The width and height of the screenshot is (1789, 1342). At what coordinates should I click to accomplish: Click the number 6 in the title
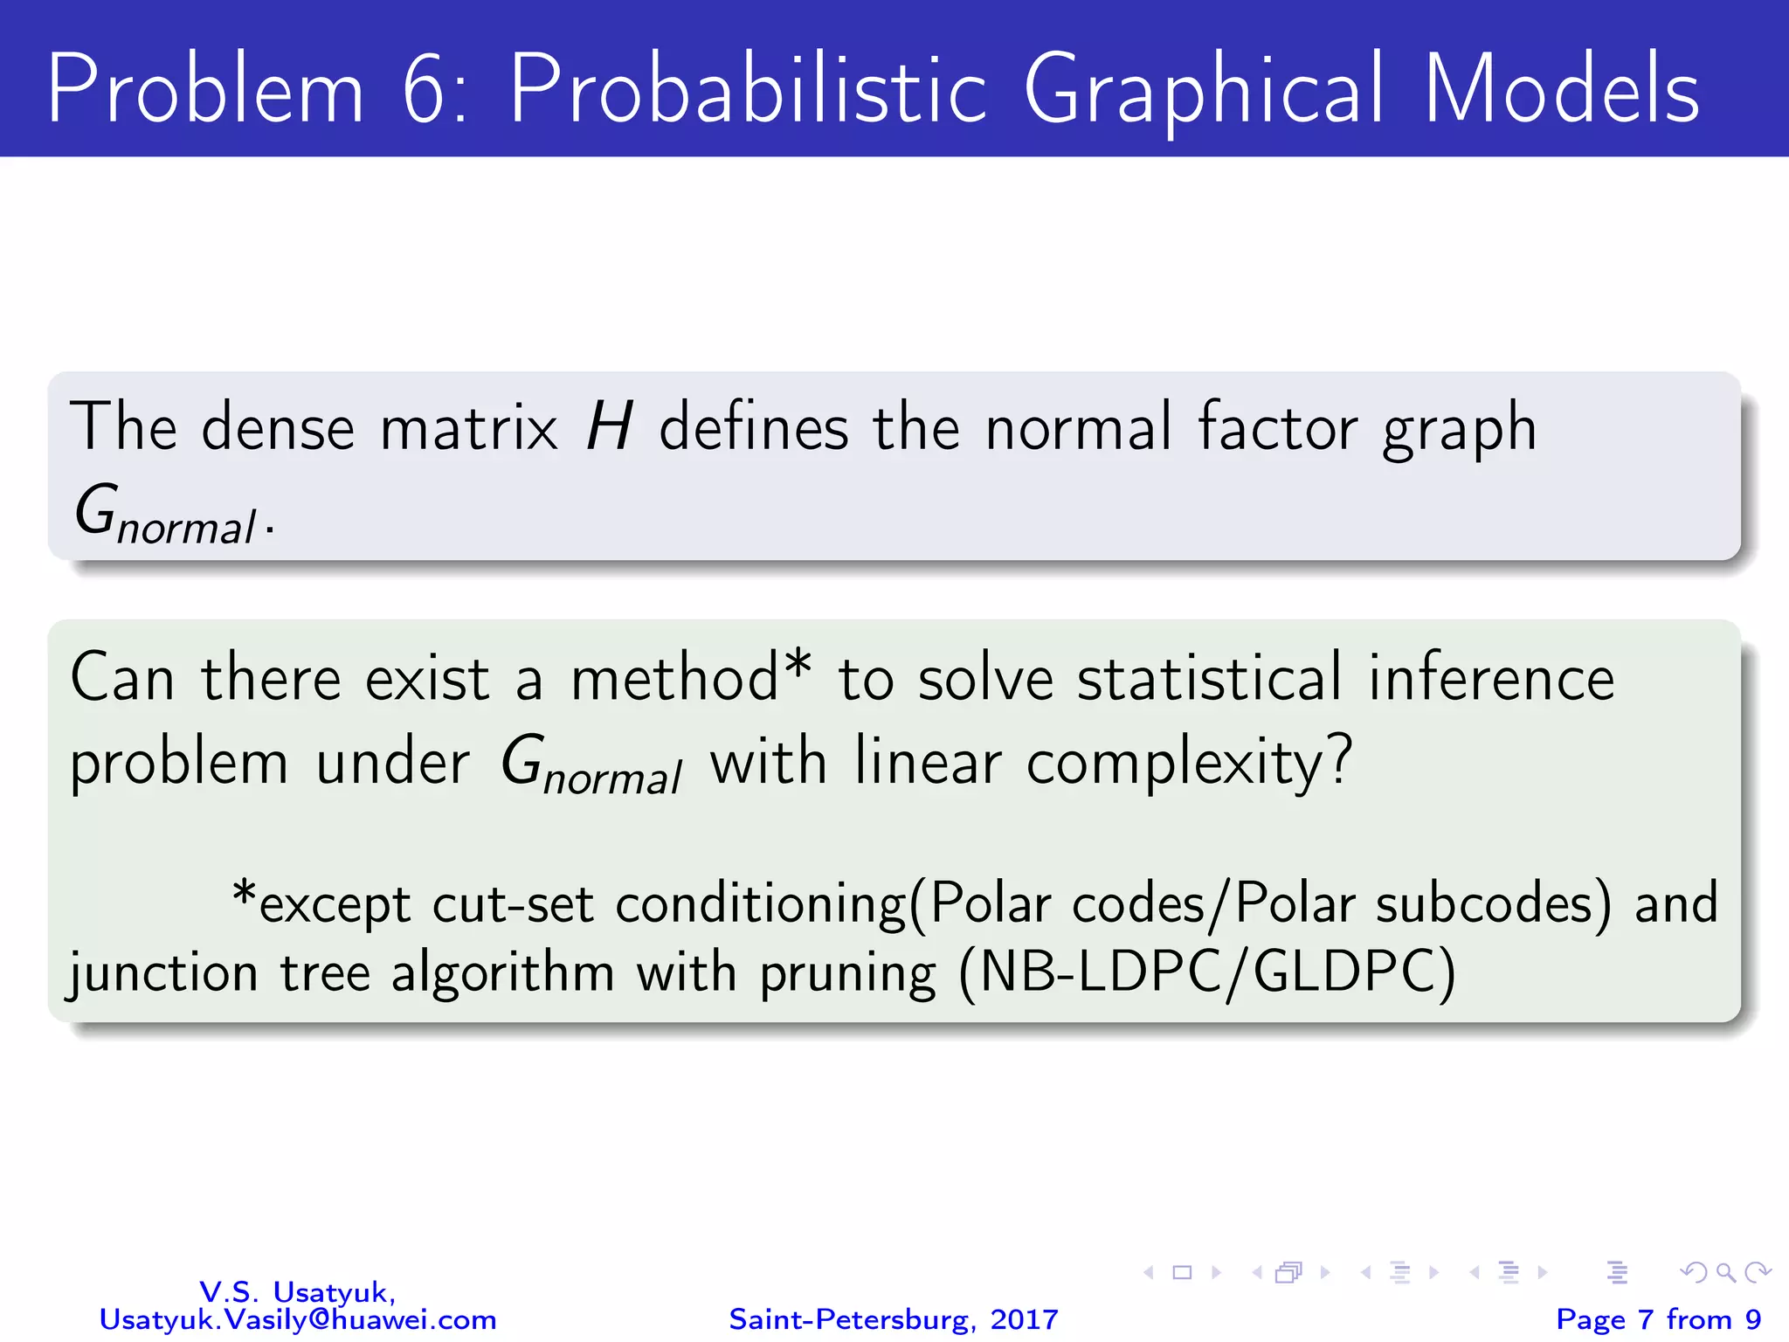tap(426, 89)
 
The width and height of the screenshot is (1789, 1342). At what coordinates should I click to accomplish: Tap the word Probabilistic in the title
tap(747, 89)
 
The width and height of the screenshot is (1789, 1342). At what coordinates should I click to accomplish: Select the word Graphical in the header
tap(1203, 89)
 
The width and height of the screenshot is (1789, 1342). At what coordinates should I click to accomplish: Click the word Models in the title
tap(1562, 89)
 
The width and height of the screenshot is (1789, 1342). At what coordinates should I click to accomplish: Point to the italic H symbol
tap(609, 427)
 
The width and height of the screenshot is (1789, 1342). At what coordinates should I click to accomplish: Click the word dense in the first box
tap(278, 427)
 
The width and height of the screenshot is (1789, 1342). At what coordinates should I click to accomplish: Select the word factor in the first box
tap(1277, 427)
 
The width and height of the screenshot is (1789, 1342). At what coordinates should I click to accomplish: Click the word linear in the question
tap(927, 761)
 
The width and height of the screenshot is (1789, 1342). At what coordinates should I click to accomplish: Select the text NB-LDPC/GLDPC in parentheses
tap(1207, 972)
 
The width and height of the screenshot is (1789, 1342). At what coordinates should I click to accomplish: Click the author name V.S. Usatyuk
tap(298, 1291)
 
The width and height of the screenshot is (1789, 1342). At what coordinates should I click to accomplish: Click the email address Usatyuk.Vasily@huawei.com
tap(298, 1319)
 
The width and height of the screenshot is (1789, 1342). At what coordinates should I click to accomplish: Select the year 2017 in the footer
tap(1024, 1319)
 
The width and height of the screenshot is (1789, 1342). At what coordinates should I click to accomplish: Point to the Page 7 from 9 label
tap(1658, 1319)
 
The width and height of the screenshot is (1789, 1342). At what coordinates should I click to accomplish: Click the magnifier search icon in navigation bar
tap(1725, 1272)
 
